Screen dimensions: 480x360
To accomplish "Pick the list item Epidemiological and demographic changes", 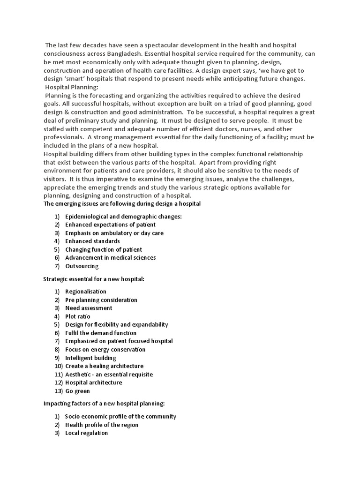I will [123, 216].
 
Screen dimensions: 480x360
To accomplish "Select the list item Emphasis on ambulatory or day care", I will [114, 233].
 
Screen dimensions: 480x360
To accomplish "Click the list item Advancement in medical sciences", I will [111, 257].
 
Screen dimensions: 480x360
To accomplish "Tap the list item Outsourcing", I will [82, 266].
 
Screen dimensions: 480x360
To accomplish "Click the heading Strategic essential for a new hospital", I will [94, 279].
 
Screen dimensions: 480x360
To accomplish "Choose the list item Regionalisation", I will [86, 292].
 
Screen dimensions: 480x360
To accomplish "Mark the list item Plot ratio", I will [78, 316].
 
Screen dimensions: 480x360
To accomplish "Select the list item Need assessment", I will [89, 308].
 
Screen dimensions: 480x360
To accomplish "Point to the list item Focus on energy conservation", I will [105, 349].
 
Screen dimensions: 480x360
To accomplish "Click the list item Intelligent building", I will [90, 358].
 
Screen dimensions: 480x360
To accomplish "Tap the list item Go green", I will [77, 391].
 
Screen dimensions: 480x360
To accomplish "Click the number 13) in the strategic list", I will [58, 391].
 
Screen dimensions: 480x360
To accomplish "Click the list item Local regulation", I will [86, 433].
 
